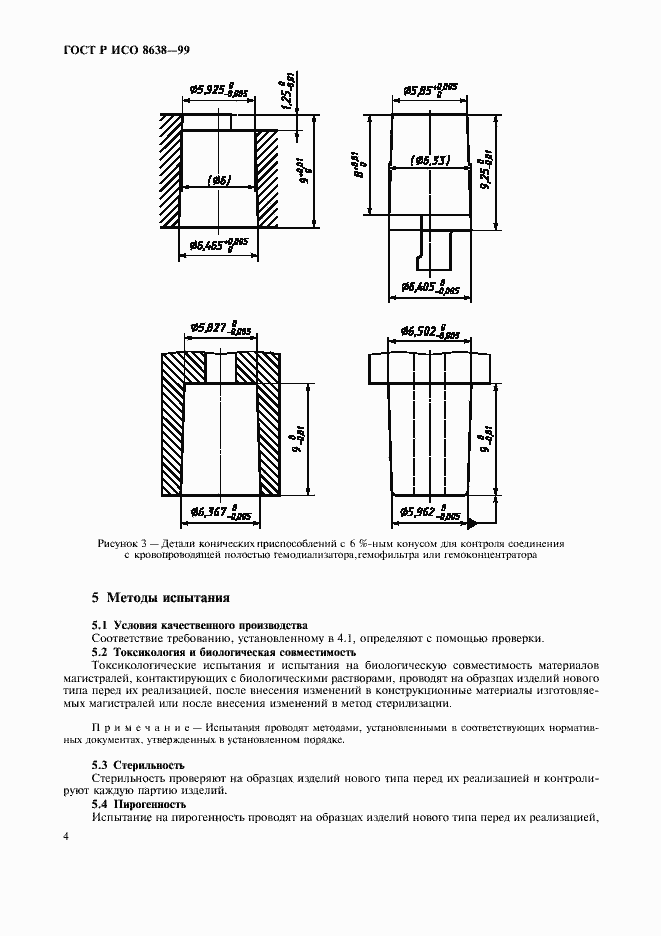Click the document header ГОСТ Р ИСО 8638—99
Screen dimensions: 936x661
point(91,50)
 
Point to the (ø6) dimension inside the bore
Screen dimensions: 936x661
point(219,181)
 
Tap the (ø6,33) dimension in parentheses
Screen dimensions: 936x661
point(430,159)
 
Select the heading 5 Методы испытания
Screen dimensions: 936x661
point(160,598)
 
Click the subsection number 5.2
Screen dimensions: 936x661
point(101,651)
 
